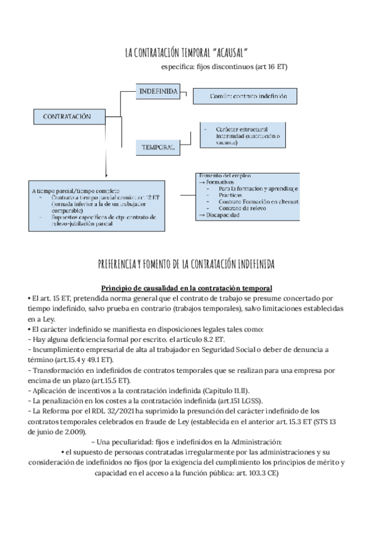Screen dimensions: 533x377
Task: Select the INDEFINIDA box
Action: [x=158, y=92]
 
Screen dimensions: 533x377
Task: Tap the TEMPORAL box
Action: [x=158, y=146]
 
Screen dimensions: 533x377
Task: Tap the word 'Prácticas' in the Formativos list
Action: [x=231, y=195]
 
